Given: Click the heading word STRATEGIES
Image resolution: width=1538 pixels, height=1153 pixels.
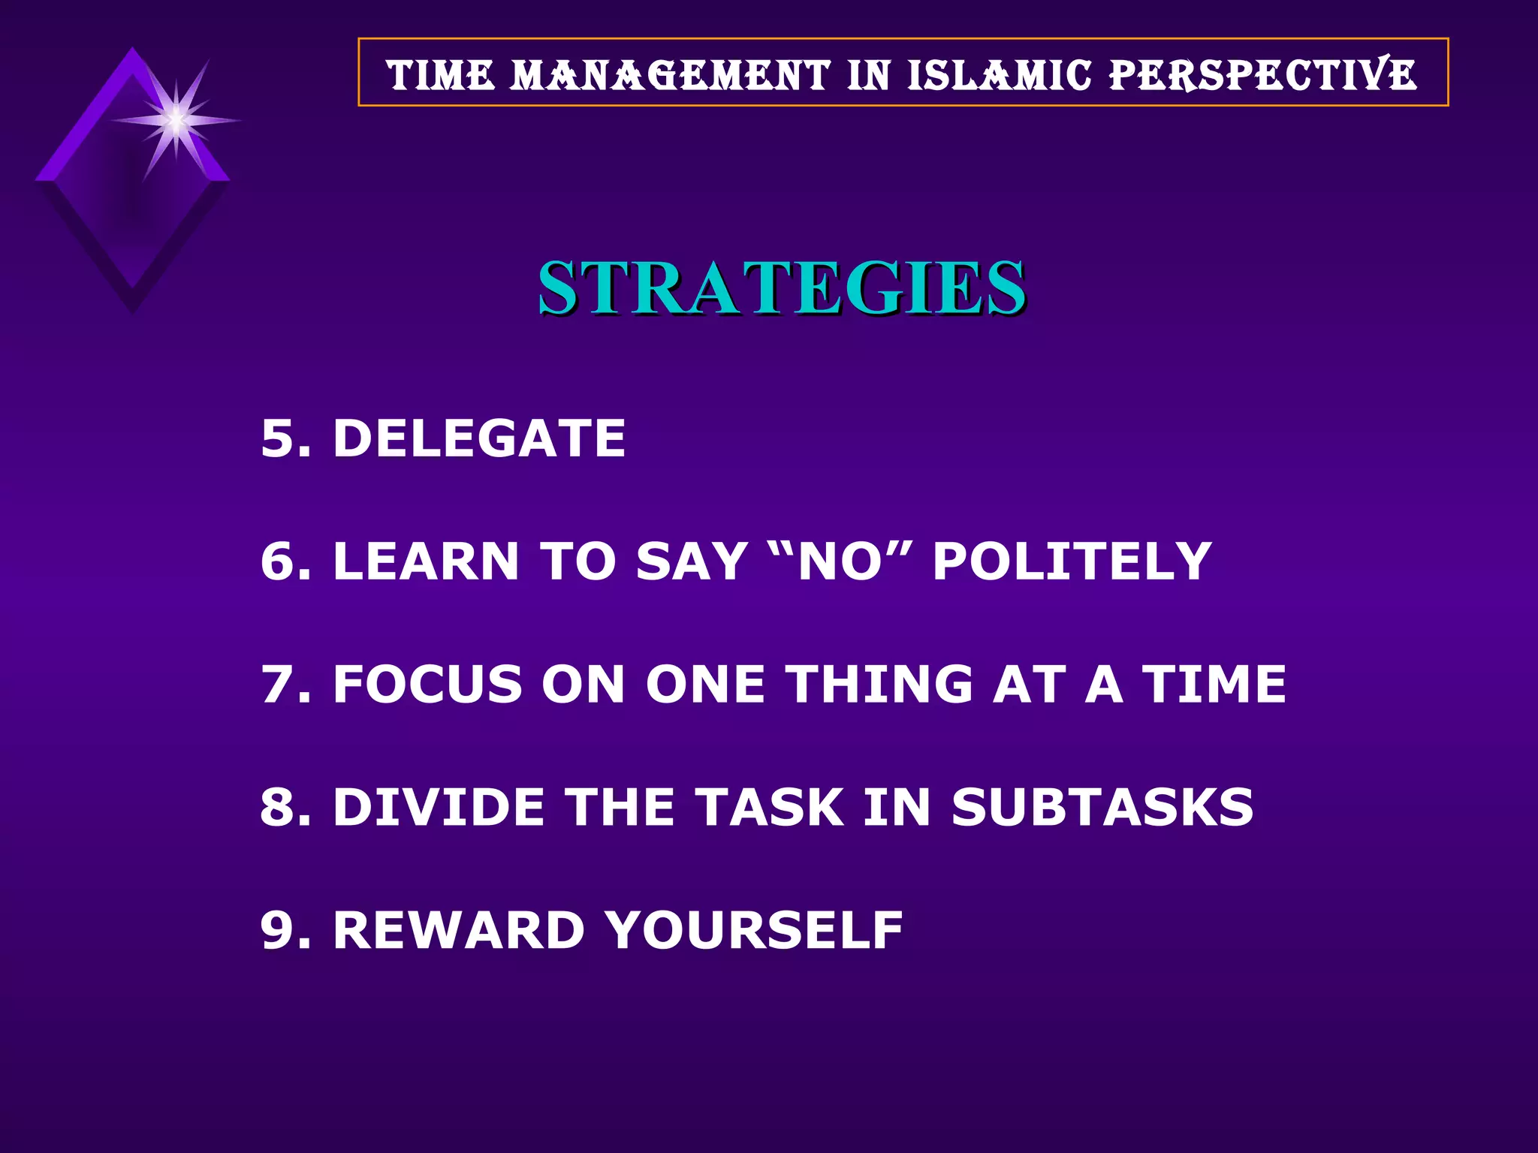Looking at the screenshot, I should click(781, 288).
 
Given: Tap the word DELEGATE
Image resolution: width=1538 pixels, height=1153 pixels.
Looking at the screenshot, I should click(479, 438).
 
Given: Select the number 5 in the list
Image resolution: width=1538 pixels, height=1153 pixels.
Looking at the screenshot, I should click(277, 438).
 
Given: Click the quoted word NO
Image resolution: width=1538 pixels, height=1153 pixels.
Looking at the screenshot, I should click(840, 561).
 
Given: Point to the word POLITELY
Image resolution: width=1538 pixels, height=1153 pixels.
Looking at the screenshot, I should click(1072, 561).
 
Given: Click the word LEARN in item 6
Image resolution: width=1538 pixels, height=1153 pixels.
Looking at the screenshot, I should click(426, 561).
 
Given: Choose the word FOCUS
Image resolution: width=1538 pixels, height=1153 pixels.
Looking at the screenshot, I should click(428, 685).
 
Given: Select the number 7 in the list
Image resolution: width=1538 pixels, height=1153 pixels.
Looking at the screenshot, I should click(277, 685).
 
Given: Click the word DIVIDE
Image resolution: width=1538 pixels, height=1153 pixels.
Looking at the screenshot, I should click(439, 808).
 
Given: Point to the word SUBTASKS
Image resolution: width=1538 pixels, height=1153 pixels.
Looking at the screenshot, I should click(1102, 808).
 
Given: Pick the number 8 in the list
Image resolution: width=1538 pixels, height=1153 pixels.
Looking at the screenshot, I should click(277, 808).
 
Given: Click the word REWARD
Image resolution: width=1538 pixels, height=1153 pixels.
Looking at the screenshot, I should click(459, 931).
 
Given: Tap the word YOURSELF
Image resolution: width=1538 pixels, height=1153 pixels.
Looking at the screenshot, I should click(754, 931).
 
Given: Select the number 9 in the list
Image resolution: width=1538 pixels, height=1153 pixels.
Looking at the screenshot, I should click(277, 931).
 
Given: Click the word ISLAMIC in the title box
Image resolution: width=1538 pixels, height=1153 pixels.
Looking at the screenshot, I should click(1000, 75).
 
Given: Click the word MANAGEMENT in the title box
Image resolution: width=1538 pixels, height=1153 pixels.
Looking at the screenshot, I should click(671, 75).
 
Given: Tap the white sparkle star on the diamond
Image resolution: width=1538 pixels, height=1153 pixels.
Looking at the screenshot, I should click(176, 120).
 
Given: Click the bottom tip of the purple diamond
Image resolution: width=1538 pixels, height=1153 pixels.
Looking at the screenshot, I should click(133, 309).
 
